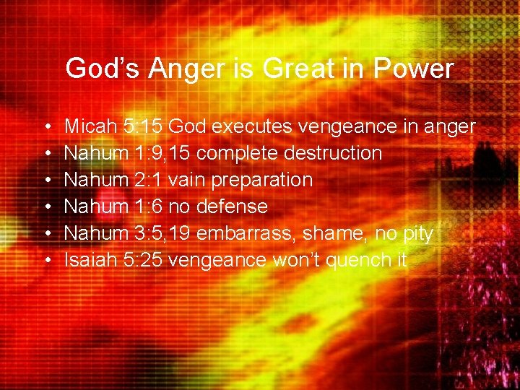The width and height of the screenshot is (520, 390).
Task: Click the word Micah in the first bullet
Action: pyautogui.click(x=91, y=127)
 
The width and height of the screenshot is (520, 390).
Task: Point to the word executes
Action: pyautogui.click(x=255, y=127)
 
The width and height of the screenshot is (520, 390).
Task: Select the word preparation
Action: pyautogui.click(x=266, y=181)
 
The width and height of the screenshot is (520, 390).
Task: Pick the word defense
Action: pyautogui.click(x=232, y=207)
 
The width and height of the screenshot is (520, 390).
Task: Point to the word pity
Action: pyautogui.click(x=415, y=234)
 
